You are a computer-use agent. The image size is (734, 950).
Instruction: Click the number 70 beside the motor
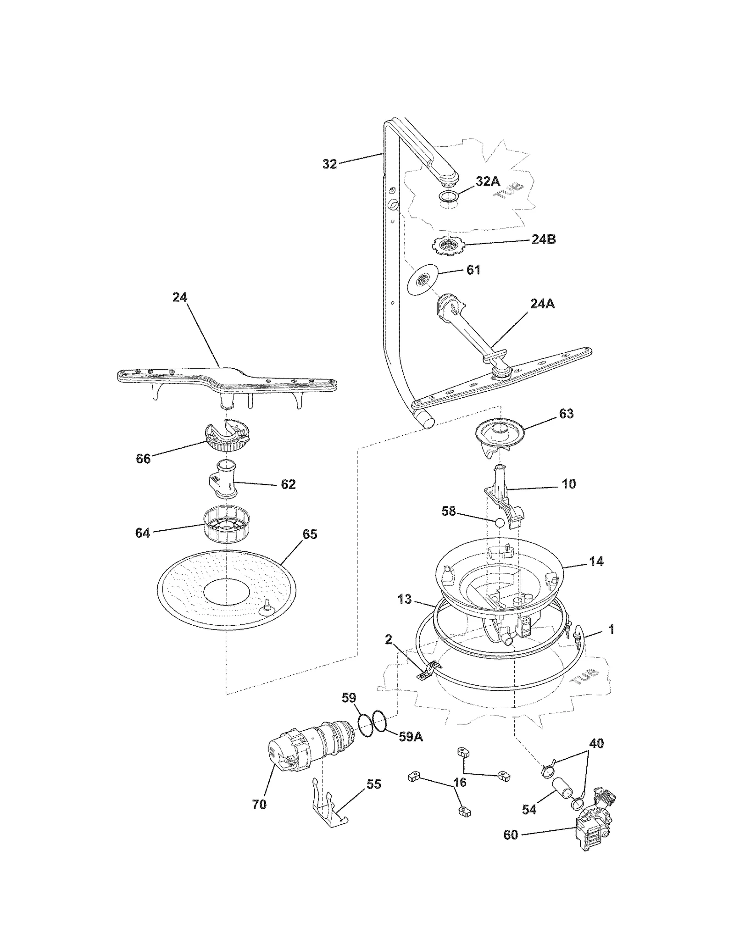pos(259,804)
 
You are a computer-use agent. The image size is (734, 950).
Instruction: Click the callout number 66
pos(143,458)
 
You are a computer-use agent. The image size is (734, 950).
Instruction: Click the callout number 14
pos(596,561)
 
